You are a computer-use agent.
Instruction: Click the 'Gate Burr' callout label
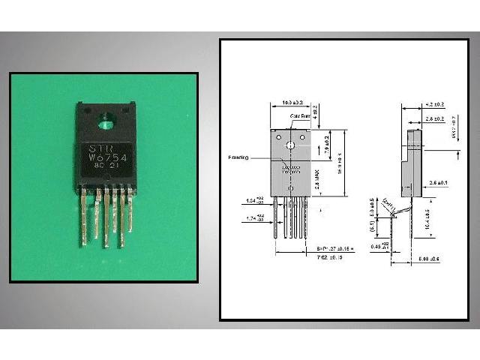(x=299, y=116)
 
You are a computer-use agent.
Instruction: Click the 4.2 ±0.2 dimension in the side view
(x=435, y=106)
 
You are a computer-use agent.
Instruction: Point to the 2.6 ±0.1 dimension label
(x=438, y=182)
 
